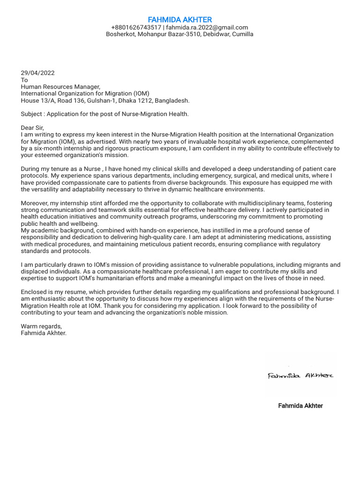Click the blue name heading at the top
[x=180, y=20]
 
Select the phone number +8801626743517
[x=136, y=28]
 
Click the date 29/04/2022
[x=37, y=73]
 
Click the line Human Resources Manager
[x=60, y=87]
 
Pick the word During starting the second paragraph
[x=32, y=169]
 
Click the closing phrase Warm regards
[x=41, y=326]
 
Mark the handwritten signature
[x=300, y=375]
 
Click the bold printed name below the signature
[x=300, y=405]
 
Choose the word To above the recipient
[x=24, y=80]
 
